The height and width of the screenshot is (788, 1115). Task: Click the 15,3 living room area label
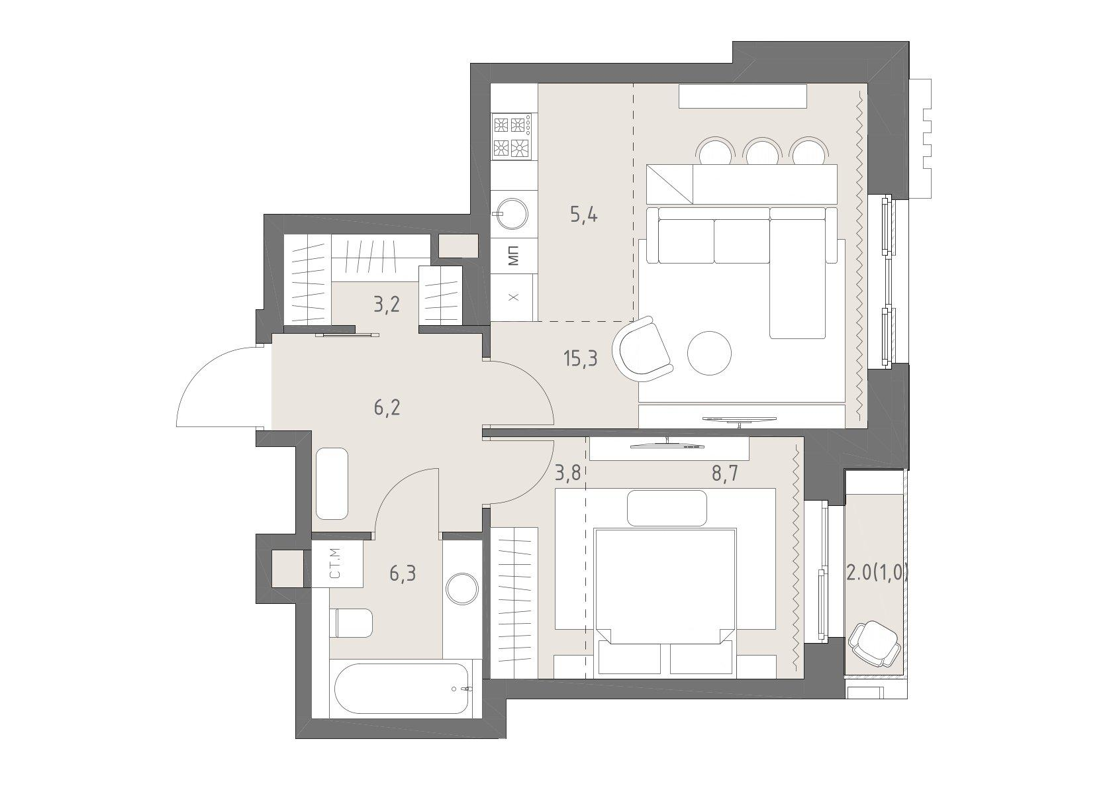coord(581,358)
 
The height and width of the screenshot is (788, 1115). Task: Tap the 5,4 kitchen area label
coord(584,215)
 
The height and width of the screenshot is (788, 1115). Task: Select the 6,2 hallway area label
coord(387,408)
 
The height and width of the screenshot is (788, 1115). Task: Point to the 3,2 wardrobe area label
coord(387,304)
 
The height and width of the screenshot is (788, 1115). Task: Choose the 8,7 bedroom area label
coord(724,473)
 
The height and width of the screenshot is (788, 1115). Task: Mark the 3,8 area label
coord(568,473)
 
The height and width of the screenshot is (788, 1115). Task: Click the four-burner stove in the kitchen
coord(512,136)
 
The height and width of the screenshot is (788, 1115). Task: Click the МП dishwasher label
coord(514,256)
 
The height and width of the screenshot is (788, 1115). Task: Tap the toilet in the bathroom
coord(351,622)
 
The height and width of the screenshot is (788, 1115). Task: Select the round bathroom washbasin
coord(462,589)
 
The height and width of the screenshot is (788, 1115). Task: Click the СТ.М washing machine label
coord(335,564)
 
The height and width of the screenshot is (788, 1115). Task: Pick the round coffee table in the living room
coord(709,354)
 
